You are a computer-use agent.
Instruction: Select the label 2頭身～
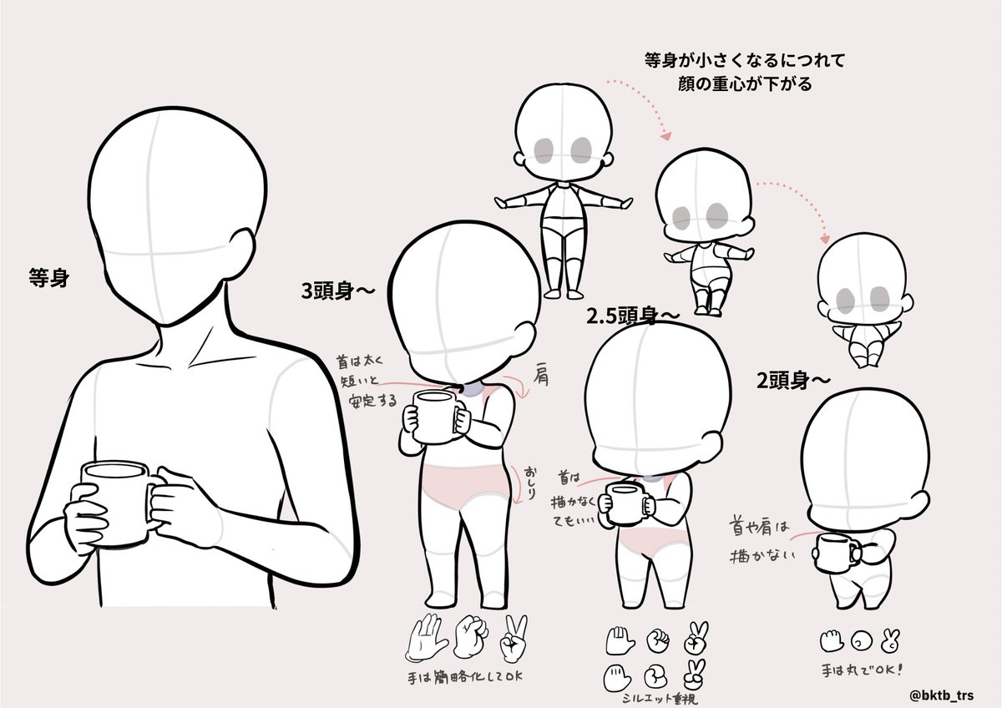click(x=794, y=380)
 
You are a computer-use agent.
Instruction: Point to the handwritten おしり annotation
click(x=529, y=483)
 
